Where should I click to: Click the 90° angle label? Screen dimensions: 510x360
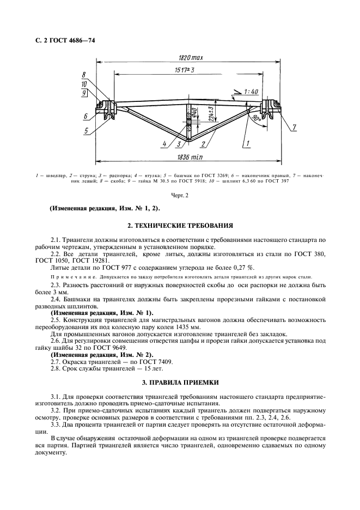pyautogui.click(x=255, y=117)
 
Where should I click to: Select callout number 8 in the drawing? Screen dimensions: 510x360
pyautogui.click(x=84, y=75)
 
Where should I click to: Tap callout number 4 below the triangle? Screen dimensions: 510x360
pyautogui.click(x=163, y=144)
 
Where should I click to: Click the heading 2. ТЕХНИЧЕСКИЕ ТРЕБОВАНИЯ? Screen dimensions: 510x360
pyautogui.click(x=180, y=224)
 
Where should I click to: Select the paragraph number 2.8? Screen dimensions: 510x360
pyautogui.click(x=55, y=368)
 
